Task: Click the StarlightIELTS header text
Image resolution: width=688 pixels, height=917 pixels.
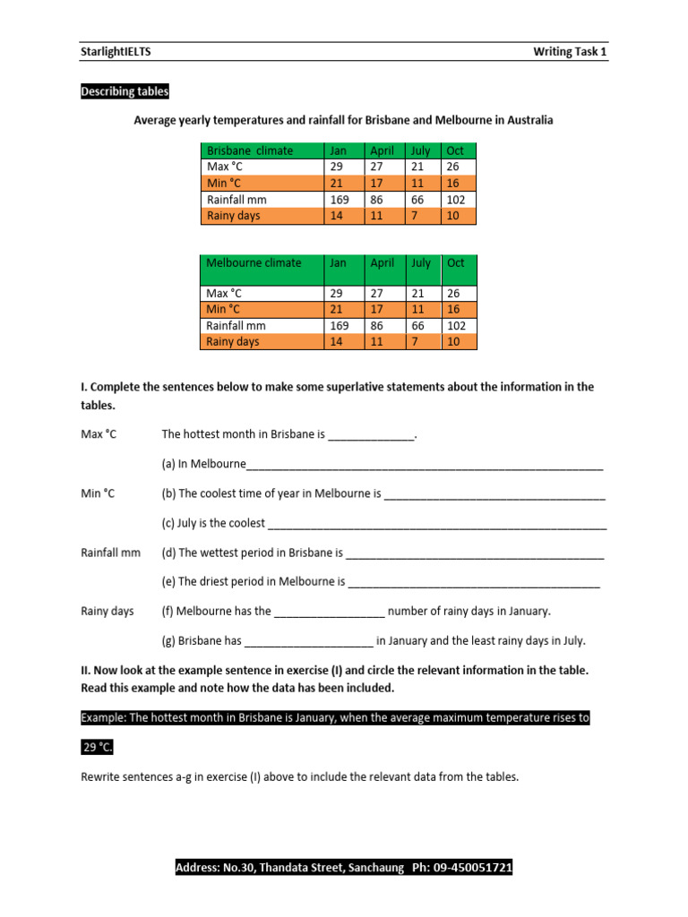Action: coord(116,52)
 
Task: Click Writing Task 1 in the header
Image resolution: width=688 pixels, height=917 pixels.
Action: coord(570,52)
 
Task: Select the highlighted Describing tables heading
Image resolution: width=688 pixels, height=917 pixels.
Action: coord(125,91)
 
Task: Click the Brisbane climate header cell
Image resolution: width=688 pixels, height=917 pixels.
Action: coord(250,150)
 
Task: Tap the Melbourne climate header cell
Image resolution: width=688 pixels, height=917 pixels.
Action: coord(254,262)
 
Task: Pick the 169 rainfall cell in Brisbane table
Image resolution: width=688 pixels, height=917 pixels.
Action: coord(340,200)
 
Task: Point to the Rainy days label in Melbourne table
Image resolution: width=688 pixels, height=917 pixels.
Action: coord(233,341)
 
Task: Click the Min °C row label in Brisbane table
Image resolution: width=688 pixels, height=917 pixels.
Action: coord(225,184)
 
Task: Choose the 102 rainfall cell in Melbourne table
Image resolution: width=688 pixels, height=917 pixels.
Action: coord(456,325)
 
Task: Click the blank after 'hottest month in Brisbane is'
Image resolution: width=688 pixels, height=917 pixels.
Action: coord(372,436)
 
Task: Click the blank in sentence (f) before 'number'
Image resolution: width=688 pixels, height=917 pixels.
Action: coord(329,613)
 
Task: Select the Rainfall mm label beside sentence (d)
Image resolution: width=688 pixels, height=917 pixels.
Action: coord(111,553)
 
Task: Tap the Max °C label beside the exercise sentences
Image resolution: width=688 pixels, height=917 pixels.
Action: coord(99,434)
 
